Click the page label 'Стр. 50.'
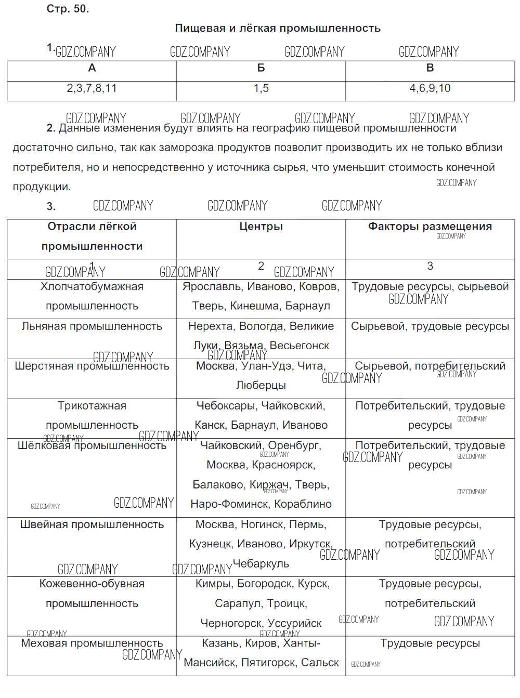coord(68,9)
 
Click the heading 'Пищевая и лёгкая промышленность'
coord(278,29)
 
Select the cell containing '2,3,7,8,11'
coord(92,88)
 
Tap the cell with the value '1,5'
coord(261,88)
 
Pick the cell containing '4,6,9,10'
coord(430,88)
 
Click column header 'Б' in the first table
coord(261,68)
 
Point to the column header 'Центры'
coord(261,227)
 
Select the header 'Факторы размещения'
coord(430,227)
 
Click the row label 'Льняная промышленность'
coord(92,326)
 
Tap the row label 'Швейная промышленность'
coord(92,524)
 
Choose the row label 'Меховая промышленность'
coord(92,643)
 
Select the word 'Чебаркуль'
coord(261,564)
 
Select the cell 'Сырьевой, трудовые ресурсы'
coord(430,326)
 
